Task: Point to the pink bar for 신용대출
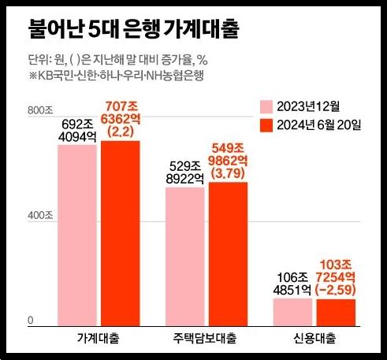292,311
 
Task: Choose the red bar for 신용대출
336,312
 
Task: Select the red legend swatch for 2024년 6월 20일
266,126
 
